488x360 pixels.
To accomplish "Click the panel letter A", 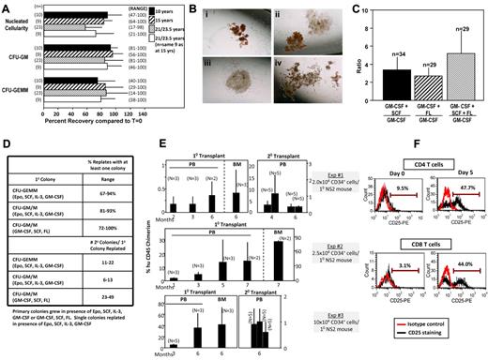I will (7, 7).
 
